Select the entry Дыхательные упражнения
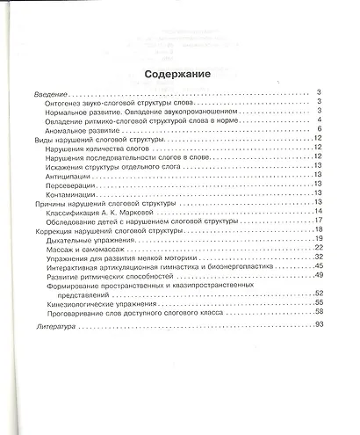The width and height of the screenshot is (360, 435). pos(98,239)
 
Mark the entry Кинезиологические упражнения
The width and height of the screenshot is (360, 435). pos(106,303)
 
